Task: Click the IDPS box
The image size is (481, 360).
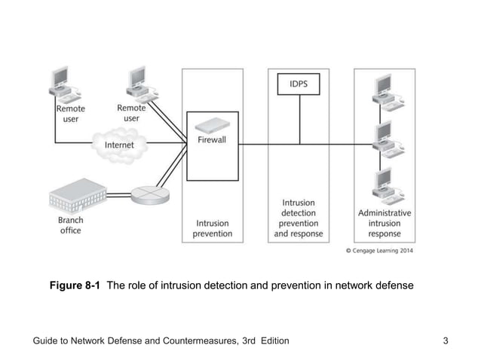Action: tap(299, 85)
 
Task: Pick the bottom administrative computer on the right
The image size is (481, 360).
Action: tap(384, 185)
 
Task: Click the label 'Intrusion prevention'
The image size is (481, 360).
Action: tap(213, 228)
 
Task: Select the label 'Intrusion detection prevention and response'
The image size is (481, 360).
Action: tap(298, 218)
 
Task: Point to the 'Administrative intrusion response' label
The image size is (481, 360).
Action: tap(384, 223)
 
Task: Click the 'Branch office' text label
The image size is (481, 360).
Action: tap(71, 225)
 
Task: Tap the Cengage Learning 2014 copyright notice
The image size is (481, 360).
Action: tap(379, 251)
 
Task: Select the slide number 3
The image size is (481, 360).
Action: tap(446, 341)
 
